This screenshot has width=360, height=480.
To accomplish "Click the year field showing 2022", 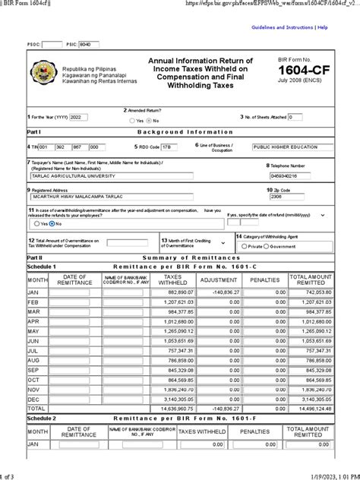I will [x=80, y=118].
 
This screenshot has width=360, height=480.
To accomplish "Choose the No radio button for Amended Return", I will [x=149, y=120].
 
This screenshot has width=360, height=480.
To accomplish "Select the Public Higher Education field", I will [x=293, y=147].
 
